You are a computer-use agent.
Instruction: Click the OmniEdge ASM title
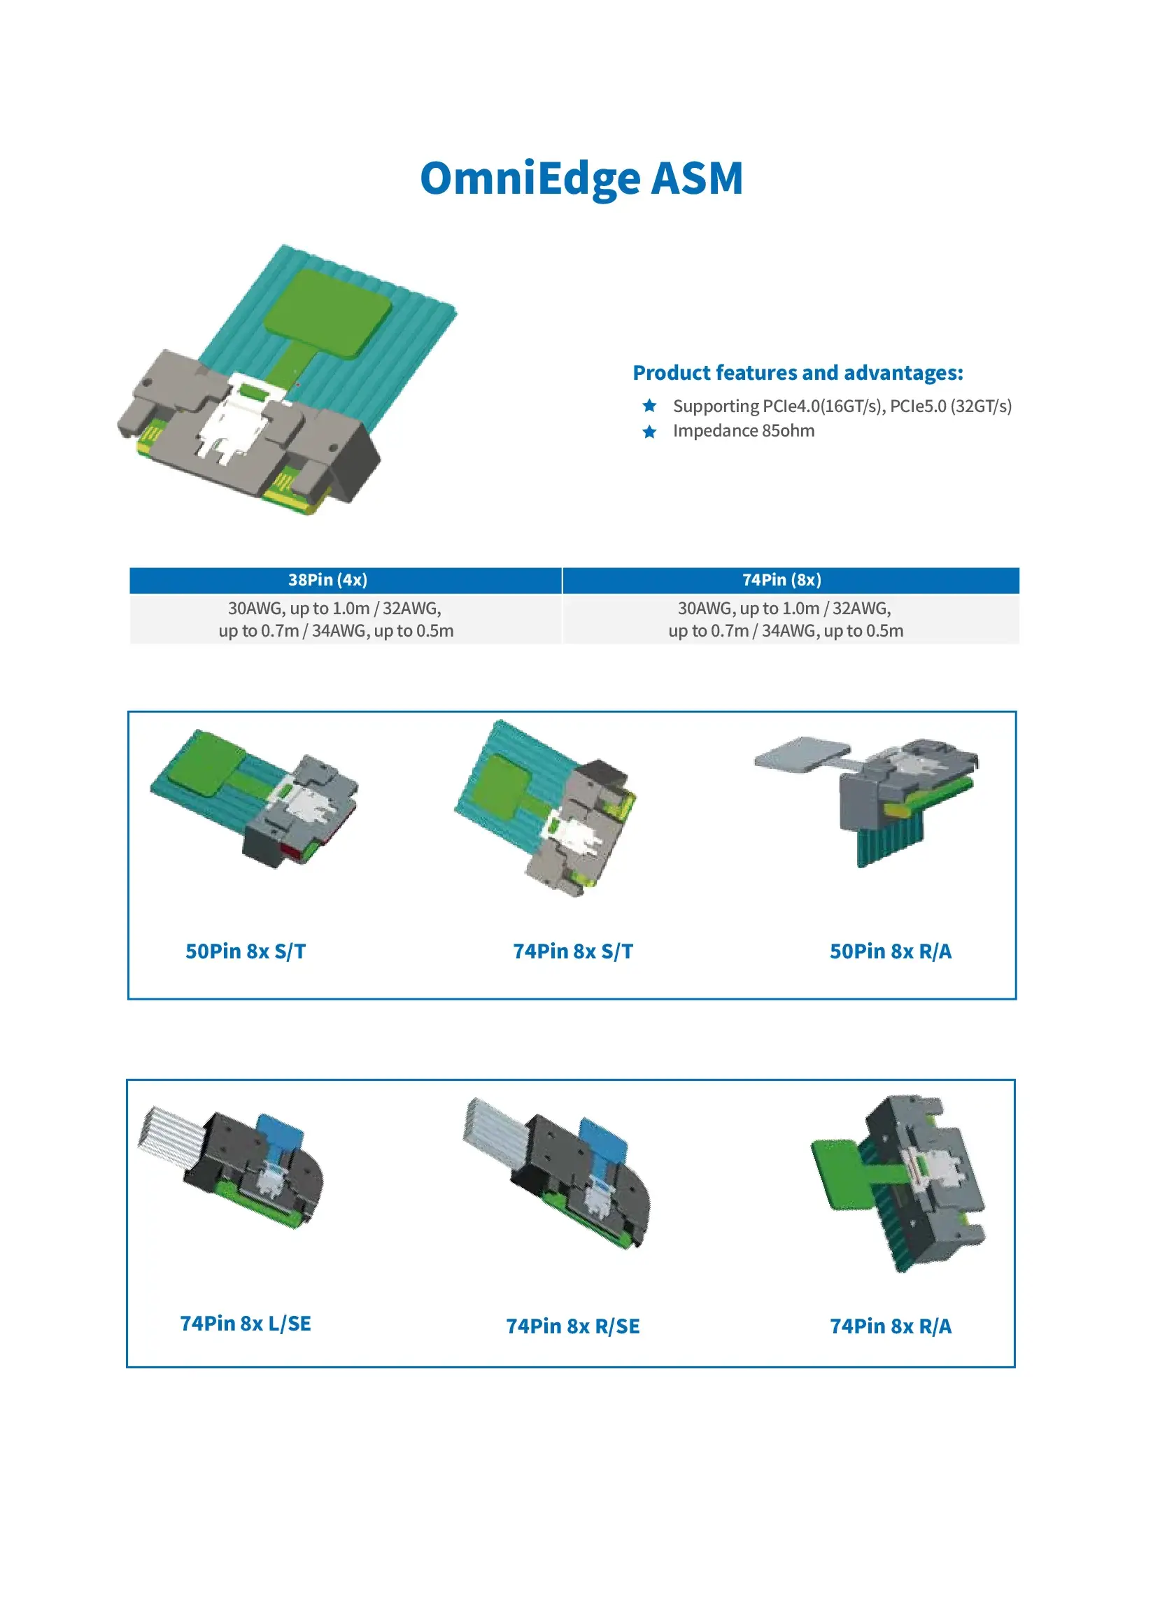[x=581, y=178]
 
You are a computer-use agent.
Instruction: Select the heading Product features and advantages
[x=798, y=372]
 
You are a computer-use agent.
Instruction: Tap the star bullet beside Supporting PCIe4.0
[x=649, y=405]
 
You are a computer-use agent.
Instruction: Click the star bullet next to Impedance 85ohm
[x=649, y=431]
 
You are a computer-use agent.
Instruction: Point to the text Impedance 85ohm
[x=744, y=431]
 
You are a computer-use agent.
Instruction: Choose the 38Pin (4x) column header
[x=327, y=580]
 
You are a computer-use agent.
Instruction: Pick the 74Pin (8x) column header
[x=782, y=580]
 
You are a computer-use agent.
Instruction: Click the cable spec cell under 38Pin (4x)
[x=336, y=619]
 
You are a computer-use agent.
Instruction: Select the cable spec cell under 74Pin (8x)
[x=786, y=619]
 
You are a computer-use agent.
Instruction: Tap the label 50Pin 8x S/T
[x=246, y=951]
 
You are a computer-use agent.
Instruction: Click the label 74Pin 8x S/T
[x=573, y=951]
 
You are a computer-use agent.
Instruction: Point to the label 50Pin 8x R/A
[x=891, y=951]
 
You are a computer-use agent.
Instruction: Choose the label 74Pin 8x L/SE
[x=246, y=1323]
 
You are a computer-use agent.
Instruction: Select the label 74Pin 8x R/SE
[x=573, y=1326]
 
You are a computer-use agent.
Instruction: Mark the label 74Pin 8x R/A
[x=891, y=1326]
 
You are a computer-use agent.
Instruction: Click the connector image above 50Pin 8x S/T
[x=254, y=798]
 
